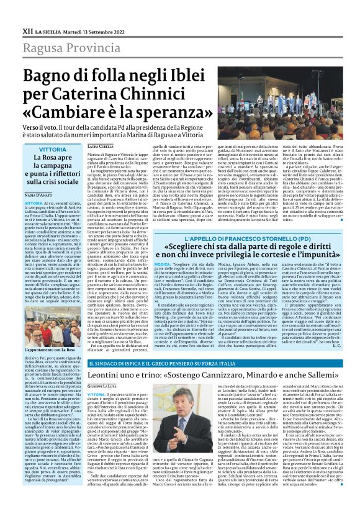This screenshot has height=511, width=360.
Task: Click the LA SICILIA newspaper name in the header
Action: point(47,30)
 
